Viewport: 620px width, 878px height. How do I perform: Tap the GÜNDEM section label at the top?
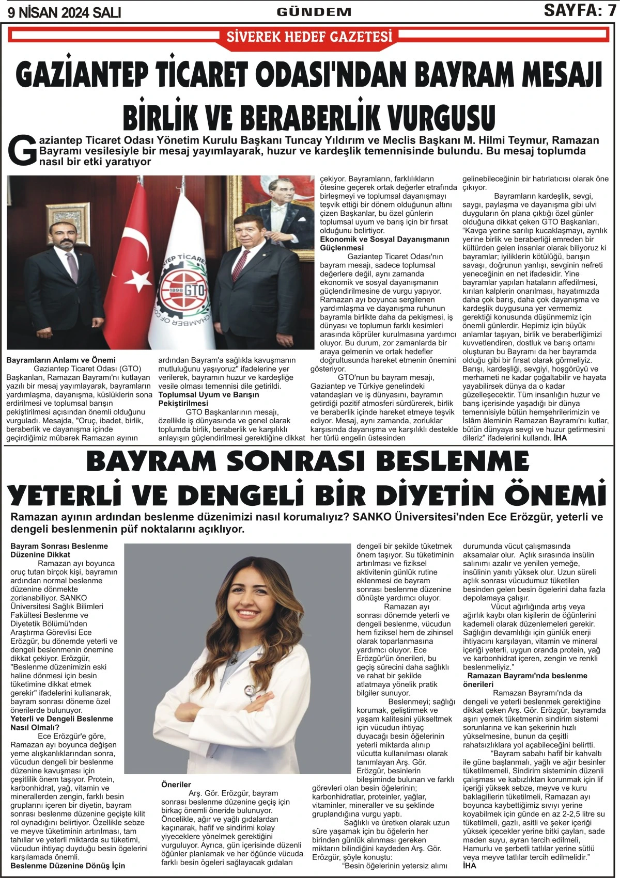click(314, 11)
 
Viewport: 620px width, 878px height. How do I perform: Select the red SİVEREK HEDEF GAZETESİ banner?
click(309, 36)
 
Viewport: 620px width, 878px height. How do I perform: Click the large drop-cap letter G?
click(23, 151)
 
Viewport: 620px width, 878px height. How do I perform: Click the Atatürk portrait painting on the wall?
click(279, 206)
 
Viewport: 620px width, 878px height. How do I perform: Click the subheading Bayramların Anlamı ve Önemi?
click(61, 360)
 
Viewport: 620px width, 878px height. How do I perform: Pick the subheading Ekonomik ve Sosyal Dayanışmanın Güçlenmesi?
click(384, 244)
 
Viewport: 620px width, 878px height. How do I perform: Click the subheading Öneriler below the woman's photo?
click(176, 785)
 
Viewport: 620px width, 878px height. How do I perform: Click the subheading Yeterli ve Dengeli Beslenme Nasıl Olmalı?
click(61, 723)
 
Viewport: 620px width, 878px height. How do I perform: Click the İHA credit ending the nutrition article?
click(469, 866)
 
